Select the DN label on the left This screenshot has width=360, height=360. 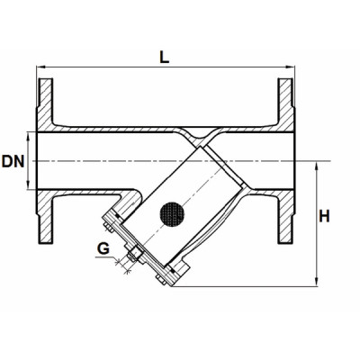(x=13, y=161)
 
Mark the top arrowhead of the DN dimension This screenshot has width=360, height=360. (x=33, y=135)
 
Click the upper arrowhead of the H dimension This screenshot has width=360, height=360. (x=319, y=164)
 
